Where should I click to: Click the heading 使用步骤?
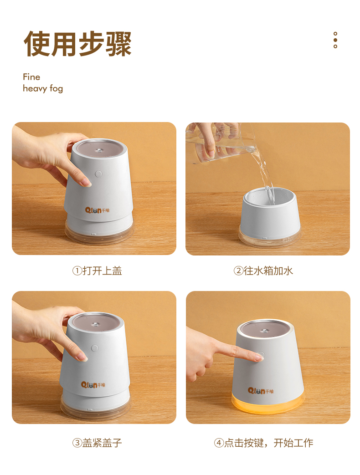click(x=77, y=44)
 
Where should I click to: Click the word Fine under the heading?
click(x=31, y=77)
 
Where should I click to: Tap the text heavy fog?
click(x=43, y=88)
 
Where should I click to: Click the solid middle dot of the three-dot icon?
click(x=335, y=40)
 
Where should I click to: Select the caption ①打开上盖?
click(x=97, y=271)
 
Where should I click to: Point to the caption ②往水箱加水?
click(x=263, y=271)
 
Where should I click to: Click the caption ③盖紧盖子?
click(x=97, y=443)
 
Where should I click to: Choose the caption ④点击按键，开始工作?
click(x=263, y=443)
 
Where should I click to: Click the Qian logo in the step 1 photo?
click(x=97, y=210)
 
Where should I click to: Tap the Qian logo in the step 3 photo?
click(x=93, y=385)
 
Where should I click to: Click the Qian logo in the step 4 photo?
click(x=261, y=391)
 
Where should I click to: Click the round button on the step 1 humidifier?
click(x=98, y=174)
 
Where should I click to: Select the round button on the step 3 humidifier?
click(x=95, y=348)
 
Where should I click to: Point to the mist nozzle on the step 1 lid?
click(x=99, y=150)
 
